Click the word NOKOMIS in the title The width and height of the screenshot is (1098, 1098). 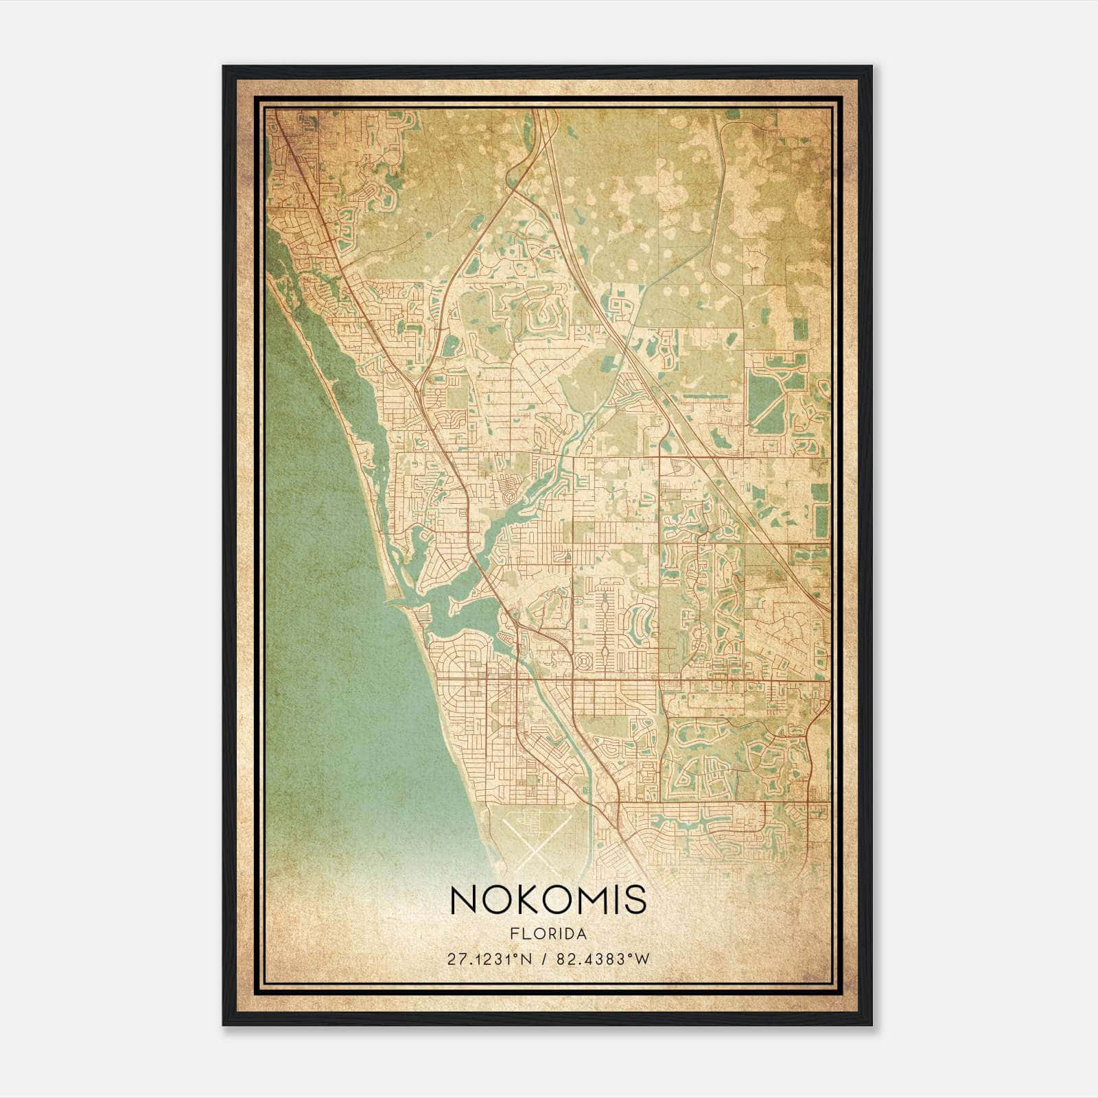[x=548, y=900]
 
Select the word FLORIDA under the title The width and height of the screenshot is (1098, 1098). [x=548, y=934]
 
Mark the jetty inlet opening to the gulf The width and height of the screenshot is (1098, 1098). [x=395, y=602]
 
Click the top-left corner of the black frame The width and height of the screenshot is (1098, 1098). [x=224, y=67]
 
